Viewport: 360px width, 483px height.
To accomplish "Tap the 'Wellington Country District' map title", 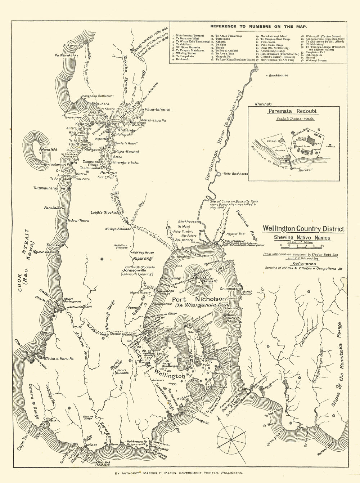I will pyautogui.click(x=303, y=229).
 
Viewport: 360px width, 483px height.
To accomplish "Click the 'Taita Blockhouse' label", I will pyautogui.click(x=236, y=174).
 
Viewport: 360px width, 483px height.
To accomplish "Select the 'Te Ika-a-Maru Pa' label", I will pyautogui.click(x=60, y=359).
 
